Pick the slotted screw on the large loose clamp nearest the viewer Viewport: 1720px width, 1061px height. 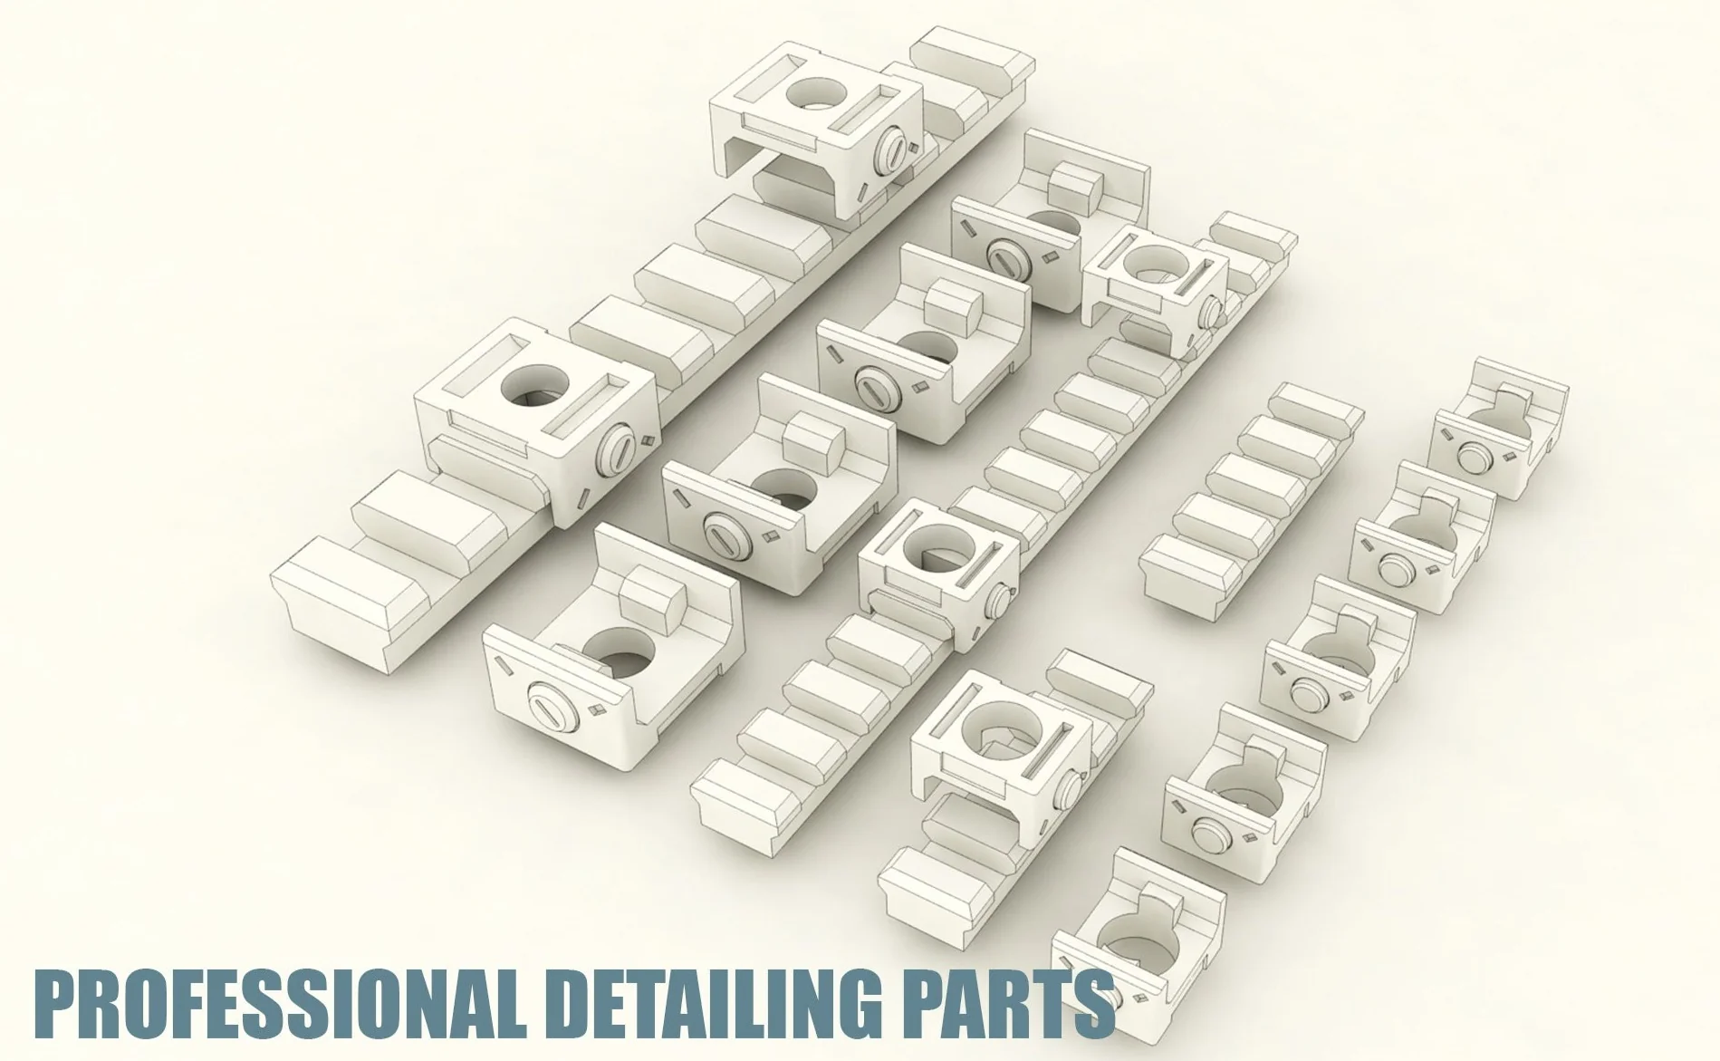pos(549,713)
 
